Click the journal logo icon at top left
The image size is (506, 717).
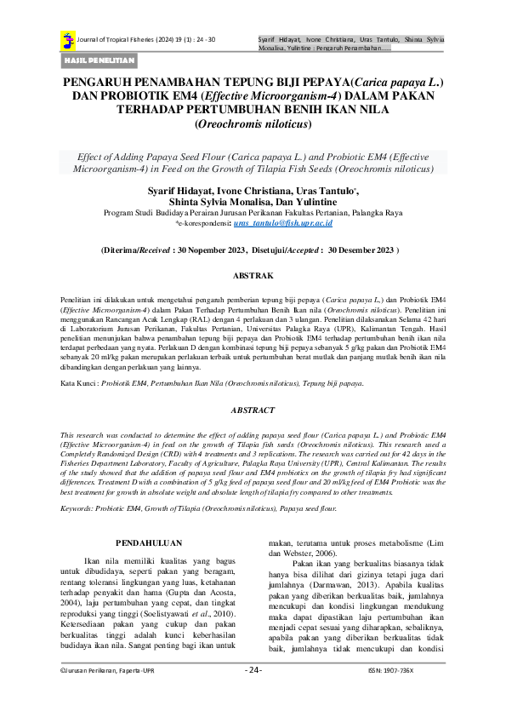pyautogui.click(x=67, y=39)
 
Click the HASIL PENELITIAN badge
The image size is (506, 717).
pyautogui.click(x=99, y=60)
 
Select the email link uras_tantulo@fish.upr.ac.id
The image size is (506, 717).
pyautogui.click(x=282, y=222)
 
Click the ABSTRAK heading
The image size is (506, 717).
pyautogui.click(x=253, y=277)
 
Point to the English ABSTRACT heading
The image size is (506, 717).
pyautogui.click(x=253, y=410)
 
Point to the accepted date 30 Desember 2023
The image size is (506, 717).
pyautogui.click(x=361, y=251)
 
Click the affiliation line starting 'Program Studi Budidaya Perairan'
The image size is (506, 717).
pyautogui.click(x=253, y=213)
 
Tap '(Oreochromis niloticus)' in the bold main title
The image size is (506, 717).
pyautogui.click(x=253, y=123)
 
